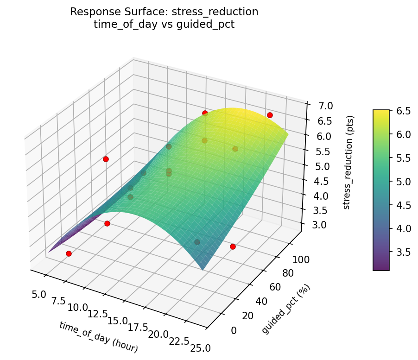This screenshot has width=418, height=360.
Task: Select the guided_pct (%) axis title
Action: click(x=286, y=309)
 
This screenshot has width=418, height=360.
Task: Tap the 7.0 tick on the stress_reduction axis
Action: click(x=319, y=106)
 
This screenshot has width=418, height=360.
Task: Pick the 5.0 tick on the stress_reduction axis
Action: click(x=317, y=166)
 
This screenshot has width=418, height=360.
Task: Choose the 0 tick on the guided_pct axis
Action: click(x=233, y=330)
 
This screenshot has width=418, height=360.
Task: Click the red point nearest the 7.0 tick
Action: click(x=270, y=115)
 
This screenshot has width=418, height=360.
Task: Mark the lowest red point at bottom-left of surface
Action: click(x=69, y=253)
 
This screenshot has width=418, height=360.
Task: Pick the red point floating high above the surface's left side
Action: click(x=106, y=159)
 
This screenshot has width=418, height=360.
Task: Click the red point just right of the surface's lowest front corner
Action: click(x=233, y=247)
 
